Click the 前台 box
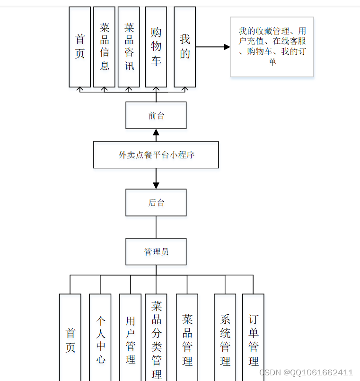tap(156, 115)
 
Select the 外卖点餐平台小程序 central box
tap(156, 155)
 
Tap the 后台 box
tap(156, 202)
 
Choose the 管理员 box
tap(156, 251)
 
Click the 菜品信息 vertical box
tap(104, 47)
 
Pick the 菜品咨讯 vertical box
tap(129, 47)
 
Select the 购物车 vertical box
tap(156, 47)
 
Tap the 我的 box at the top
tap(184, 47)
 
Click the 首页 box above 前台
tap(79, 47)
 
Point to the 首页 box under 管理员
tap(70, 338)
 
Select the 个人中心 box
tap(100, 338)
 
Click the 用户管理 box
tap(130, 338)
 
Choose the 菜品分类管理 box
tap(156, 338)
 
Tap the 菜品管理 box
tap(187, 338)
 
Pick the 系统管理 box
tap(225, 338)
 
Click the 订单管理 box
tap(253, 338)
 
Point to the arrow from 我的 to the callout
tap(213, 47)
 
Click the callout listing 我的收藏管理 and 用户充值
tap(272, 47)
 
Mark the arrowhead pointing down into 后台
tap(156, 185)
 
